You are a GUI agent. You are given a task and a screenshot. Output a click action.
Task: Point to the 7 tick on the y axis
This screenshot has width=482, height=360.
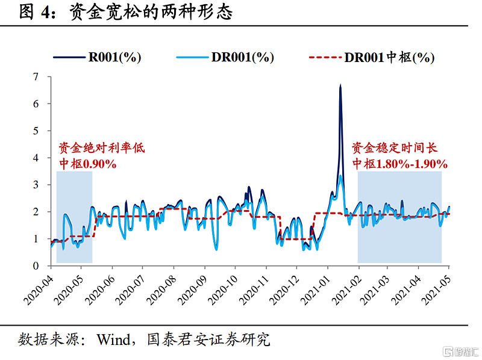coord(36,76)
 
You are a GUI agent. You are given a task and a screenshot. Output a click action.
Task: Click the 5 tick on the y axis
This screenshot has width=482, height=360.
coord(36,131)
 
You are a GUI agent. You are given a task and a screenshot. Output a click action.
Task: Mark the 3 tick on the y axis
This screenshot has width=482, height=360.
coord(36,184)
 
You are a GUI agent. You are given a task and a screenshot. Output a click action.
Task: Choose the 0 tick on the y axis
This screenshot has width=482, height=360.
coord(36,265)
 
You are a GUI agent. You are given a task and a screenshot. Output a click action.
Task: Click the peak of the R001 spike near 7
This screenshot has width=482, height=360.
coord(340,85)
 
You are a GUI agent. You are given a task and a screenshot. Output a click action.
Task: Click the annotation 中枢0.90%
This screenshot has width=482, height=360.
coord(87,163)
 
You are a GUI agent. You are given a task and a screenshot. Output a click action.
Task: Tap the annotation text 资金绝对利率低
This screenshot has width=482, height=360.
coord(101,147)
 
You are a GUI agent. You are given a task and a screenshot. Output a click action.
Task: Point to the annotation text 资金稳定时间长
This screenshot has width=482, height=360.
coord(395,147)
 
